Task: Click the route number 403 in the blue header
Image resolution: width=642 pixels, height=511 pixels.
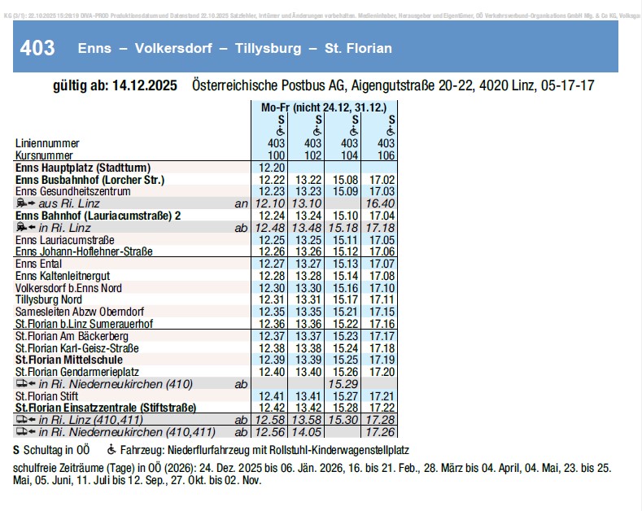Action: coord(38,48)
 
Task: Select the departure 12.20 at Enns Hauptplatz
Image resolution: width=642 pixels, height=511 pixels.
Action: coord(271,167)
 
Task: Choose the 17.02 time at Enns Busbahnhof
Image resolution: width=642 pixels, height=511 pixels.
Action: coord(382,179)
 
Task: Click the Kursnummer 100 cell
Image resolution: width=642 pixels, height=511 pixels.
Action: coord(271,155)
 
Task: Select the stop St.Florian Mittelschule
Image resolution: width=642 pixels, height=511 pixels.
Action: coord(69,359)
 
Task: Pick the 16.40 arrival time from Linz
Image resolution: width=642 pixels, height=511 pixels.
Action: coord(382,203)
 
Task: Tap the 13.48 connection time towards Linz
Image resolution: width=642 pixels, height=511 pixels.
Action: coord(308,227)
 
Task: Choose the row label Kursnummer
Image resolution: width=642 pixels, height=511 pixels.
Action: coord(45,155)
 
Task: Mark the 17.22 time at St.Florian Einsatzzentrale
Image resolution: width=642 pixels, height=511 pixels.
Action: coord(382,407)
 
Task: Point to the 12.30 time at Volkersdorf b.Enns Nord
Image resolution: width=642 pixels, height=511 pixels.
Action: coord(271,288)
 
